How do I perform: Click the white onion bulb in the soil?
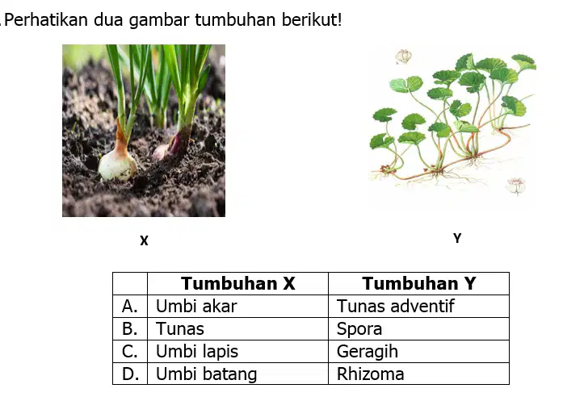(x=118, y=165)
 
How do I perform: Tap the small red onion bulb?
(x=161, y=152)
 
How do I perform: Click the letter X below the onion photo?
(x=144, y=240)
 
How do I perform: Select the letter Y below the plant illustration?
(x=457, y=238)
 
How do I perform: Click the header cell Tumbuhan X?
(x=238, y=284)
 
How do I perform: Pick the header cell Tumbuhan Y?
(x=419, y=284)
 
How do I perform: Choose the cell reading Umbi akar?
(x=238, y=307)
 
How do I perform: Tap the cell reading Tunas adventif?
(x=419, y=307)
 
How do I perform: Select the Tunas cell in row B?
(x=238, y=329)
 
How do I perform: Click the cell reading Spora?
(x=419, y=329)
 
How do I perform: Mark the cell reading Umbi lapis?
(x=238, y=352)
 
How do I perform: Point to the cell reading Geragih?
(x=419, y=352)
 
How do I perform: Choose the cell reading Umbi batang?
(x=238, y=374)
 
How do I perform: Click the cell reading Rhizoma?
(x=419, y=374)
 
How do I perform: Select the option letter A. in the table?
(x=129, y=307)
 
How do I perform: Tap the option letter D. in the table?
(x=130, y=374)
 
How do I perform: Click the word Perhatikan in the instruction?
(x=46, y=19)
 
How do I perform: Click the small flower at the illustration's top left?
(x=404, y=56)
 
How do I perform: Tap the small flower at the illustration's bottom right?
(x=516, y=186)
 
